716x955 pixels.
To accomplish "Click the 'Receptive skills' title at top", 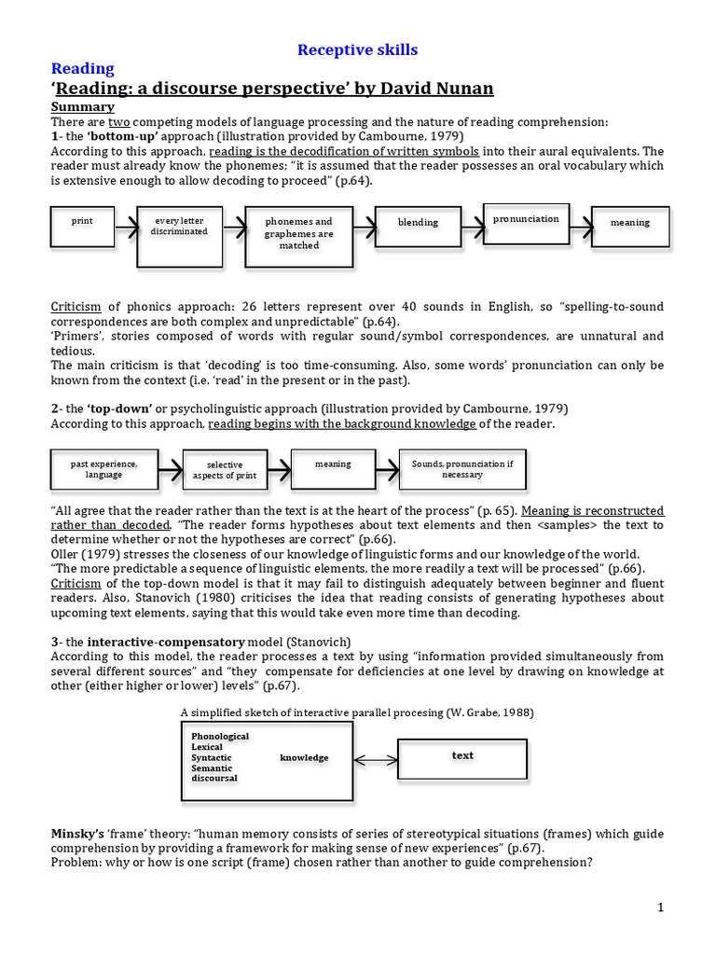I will [357, 49].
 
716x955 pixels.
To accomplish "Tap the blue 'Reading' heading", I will [82, 69].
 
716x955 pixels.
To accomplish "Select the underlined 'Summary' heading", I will [82, 106].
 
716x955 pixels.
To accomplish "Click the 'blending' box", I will [418, 223].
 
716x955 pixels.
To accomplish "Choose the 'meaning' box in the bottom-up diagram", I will [630, 224].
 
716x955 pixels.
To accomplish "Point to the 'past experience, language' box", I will [103, 468].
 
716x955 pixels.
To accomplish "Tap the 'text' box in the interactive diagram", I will [462, 756].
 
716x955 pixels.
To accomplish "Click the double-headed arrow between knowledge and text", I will [377, 758].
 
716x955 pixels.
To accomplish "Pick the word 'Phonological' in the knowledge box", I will [220, 736].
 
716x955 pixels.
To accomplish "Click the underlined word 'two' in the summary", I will [118, 121].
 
